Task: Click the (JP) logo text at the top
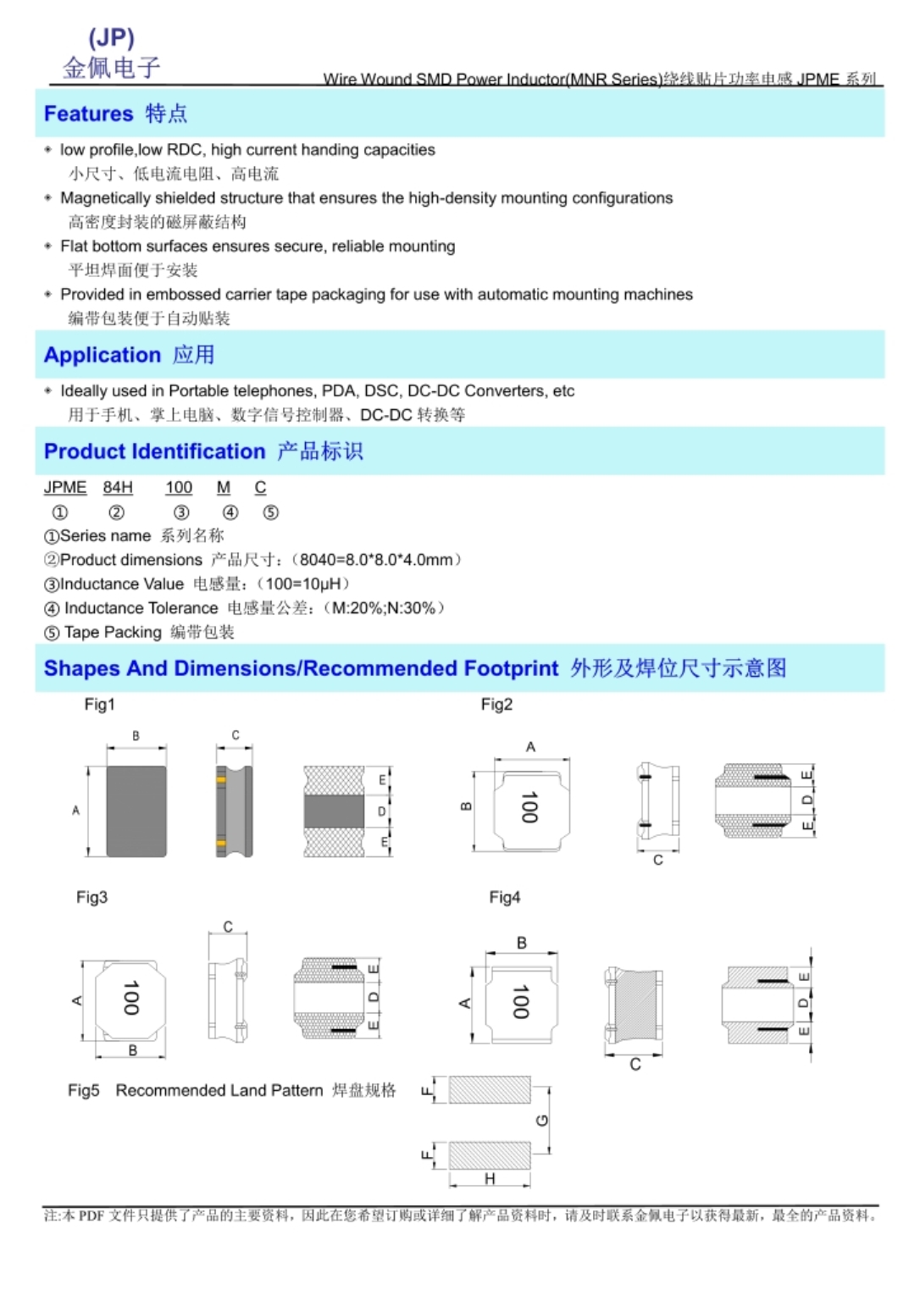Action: pos(111,38)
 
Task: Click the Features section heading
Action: pos(88,113)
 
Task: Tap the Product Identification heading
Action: pos(154,451)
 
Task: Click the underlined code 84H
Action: pos(118,488)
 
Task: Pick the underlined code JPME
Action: pos(65,488)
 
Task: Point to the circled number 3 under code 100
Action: pos(180,512)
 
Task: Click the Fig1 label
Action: pos(99,705)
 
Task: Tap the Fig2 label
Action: pos(496,705)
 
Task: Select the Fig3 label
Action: pos(91,897)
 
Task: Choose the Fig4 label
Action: pos(504,897)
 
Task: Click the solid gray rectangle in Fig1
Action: pos(136,811)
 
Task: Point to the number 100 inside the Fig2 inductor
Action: pos(529,807)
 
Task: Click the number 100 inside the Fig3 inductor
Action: pos(130,998)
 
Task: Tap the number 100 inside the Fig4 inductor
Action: pos(520,1001)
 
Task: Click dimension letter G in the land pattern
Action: pos(542,1121)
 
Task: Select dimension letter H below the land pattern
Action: pos(490,1179)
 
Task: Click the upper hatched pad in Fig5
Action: pos(490,1089)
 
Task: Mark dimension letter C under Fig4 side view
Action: pos(635,1065)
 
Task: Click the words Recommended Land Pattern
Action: pos(219,1090)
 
